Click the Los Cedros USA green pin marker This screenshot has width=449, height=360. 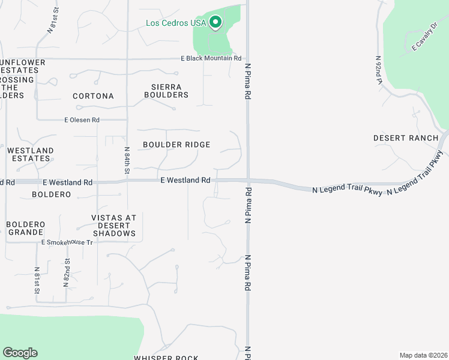[x=215, y=23]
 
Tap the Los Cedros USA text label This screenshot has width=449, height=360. [x=176, y=23]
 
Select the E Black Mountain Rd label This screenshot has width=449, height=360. [x=211, y=59]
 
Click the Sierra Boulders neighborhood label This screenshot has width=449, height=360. [x=166, y=91]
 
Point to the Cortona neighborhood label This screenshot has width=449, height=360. [x=93, y=96]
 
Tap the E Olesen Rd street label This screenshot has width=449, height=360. [x=82, y=120]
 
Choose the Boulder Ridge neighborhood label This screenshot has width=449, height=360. [x=176, y=145]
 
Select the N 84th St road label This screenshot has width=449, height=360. [x=127, y=160]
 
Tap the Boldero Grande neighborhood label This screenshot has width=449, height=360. [x=25, y=228]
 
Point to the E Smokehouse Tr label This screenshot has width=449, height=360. [x=67, y=242]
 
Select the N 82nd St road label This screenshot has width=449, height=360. [x=67, y=272]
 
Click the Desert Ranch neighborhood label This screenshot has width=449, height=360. [x=406, y=138]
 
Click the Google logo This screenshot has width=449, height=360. [x=20, y=353]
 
